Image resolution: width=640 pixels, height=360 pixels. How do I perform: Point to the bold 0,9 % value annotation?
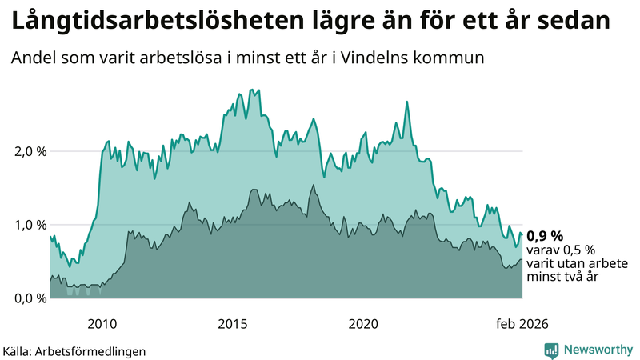545,235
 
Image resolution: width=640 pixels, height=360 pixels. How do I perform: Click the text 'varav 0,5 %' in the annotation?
559,250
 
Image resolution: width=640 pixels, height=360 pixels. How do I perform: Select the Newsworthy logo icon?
551,350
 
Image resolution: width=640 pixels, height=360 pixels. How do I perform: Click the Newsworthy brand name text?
598,350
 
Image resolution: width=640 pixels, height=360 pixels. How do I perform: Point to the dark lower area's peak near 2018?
313,186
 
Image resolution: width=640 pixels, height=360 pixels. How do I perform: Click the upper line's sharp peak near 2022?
407,102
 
